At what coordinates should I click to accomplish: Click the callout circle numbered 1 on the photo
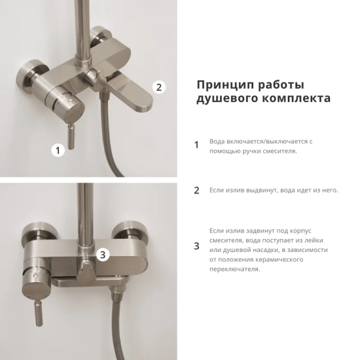(x=58, y=150)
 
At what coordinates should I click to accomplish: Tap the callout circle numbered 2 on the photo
(x=159, y=86)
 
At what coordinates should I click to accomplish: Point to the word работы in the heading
(x=282, y=85)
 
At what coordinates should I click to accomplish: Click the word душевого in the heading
(x=224, y=99)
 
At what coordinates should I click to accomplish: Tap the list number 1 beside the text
(x=196, y=145)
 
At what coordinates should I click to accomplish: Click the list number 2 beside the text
(x=196, y=191)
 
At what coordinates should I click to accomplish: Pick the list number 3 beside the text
(x=196, y=247)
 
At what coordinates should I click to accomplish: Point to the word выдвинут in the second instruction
(x=264, y=190)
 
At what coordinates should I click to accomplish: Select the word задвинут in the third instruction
(x=264, y=231)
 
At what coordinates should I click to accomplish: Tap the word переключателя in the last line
(x=234, y=269)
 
